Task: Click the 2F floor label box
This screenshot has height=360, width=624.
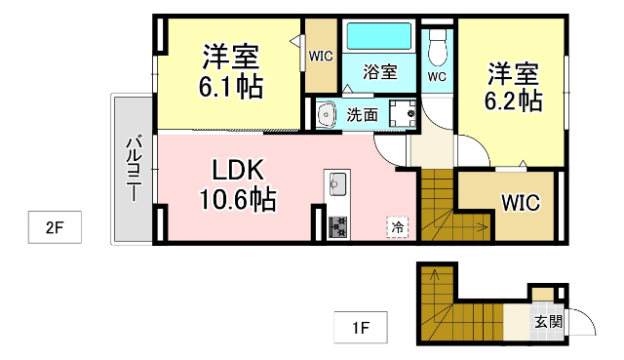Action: coord(54,229)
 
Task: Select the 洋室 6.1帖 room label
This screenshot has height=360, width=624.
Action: coord(230,70)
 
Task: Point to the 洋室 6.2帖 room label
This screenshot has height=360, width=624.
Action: coord(515,85)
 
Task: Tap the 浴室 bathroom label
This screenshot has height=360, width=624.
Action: coord(380,71)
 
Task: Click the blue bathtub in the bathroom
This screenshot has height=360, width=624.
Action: coord(380,36)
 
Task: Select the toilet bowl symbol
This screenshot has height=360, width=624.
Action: coord(437,43)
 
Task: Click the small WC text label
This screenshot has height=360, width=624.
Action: coord(437,75)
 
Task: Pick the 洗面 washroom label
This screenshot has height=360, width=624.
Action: coord(363,114)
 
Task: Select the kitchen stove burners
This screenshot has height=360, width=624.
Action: coord(338,225)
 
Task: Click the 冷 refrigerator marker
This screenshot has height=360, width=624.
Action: coord(398,226)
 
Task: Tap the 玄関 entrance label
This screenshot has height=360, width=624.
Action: coord(547,321)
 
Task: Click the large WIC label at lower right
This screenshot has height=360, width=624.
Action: coord(521,202)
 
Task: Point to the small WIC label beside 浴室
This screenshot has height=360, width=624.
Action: coord(321,56)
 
